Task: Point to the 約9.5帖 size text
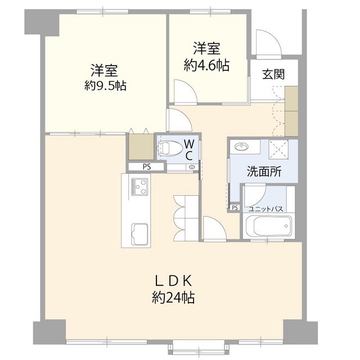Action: (x=105, y=86)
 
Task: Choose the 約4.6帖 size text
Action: (x=206, y=65)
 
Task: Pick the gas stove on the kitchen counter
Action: (x=138, y=185)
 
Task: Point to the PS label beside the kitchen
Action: (x=146, y=166)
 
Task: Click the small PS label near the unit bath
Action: (x=235, y=208)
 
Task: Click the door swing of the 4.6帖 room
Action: (x=184, y=91)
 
